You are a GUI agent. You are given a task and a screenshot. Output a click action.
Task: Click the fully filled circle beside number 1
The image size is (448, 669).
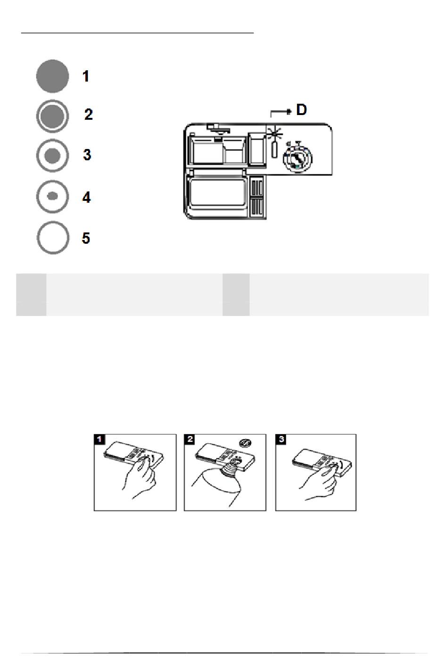[x=52, y=76]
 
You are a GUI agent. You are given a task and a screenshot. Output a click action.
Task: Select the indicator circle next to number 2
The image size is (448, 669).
[x=52, y=116]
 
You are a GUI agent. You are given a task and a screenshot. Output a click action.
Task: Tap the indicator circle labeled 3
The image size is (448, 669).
[x=52, y=156]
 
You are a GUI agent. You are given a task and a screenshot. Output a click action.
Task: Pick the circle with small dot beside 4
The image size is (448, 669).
[x=52, y=196]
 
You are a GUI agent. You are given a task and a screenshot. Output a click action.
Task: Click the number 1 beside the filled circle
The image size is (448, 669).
[x=86, y=76]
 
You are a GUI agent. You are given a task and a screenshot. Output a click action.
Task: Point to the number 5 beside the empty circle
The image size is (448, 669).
[x=86, y=238]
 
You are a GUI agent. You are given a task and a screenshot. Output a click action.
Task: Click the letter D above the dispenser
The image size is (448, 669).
[x=301, y=109]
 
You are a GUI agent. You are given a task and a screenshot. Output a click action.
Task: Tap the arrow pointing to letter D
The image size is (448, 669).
[x=281, y=112]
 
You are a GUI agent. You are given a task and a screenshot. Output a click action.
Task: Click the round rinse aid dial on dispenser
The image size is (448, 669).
[x=298, y=157]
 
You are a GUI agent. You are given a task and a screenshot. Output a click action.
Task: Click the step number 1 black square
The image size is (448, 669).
[x=100, y=439]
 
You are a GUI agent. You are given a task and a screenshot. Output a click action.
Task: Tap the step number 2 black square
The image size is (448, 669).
[x=190, y=439]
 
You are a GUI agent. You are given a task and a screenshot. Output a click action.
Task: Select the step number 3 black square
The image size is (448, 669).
[x=281, y=439]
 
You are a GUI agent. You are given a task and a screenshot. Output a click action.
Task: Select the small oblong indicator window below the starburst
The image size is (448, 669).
[x=274, y=149]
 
